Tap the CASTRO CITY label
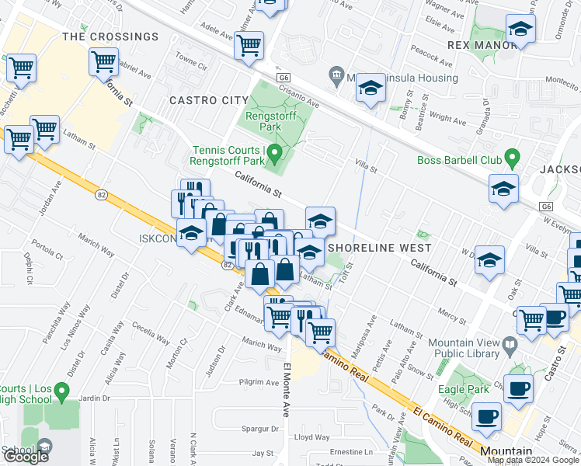[202, 100]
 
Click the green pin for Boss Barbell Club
[511, 159]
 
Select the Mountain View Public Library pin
[509, 343]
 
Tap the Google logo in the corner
[26, 457]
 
